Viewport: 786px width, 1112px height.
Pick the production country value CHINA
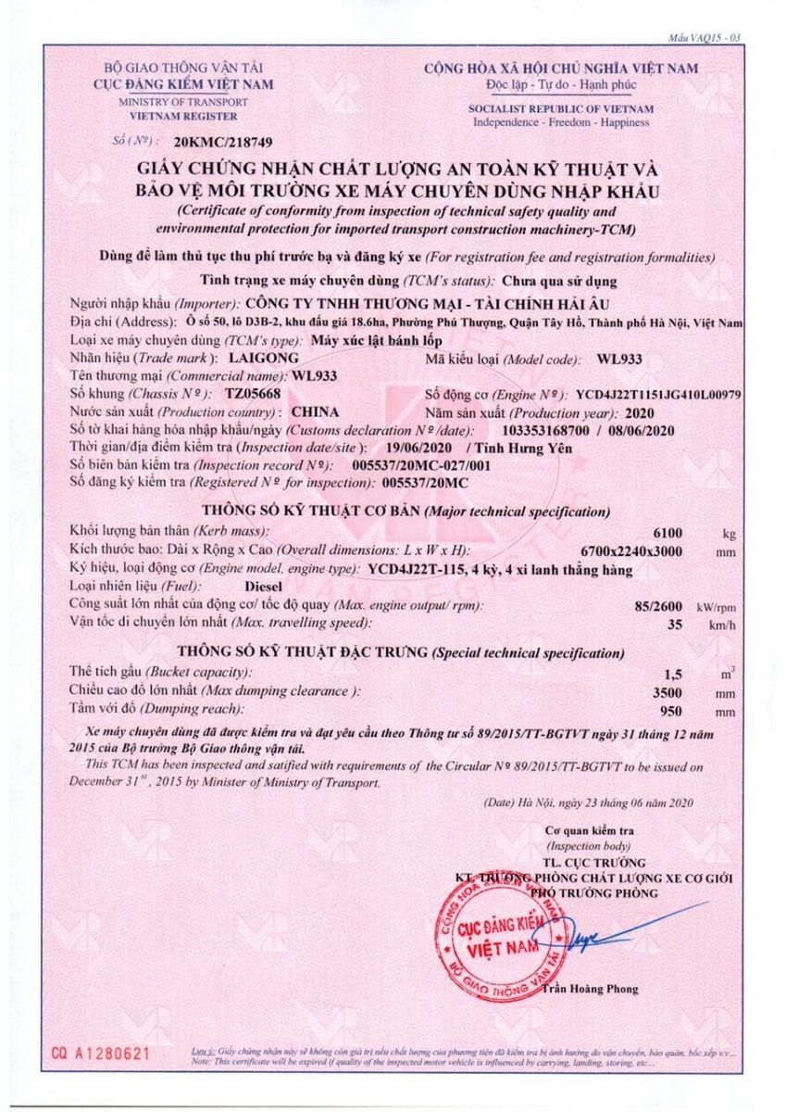314,411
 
